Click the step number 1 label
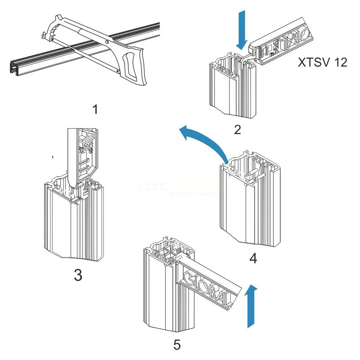(95, 109)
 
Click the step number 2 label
(238, 130)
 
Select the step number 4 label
(253, 258)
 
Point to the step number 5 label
(177, 345)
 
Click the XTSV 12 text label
(323, 63)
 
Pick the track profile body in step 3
(74, 225)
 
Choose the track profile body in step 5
(164, 292)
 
